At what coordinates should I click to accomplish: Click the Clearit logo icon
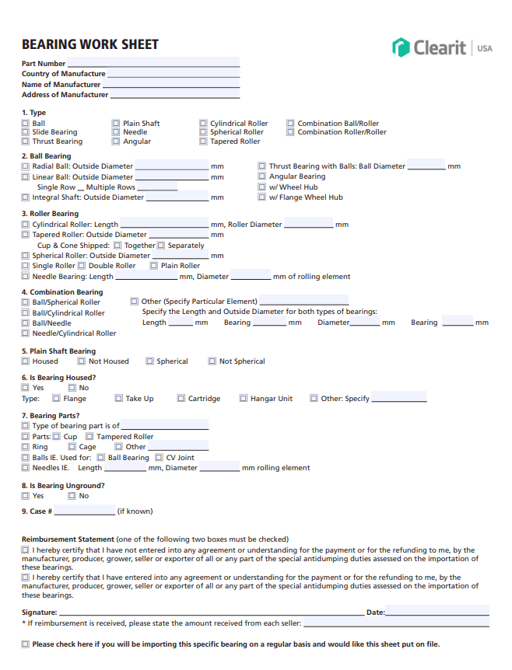pyautogui.click(x=401, y=47)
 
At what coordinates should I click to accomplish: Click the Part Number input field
pyautogui.click(x=153, y=63)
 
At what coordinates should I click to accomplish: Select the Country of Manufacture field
pyautogui.click(x=173, y=74)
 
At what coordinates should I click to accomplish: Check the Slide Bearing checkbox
pyautogui.click(x=26, y=132)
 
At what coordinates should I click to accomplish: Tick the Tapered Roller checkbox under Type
pyautogui.click(x=203, y=141)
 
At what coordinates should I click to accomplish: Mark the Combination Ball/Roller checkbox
pyautogui.click(x=291, y=123)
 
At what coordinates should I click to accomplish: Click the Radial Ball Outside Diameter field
pyautogui.click(x=171, y=166)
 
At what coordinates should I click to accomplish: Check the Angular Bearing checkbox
pyautogui.click(x=262, y=176)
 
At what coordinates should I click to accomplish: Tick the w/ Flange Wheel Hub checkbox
pyautogui.click(x=262, y=197)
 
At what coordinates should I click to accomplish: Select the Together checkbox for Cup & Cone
pyautogui.click(x=117, y=246)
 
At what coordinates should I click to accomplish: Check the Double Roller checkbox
pyautogui.click(x=82, y=266)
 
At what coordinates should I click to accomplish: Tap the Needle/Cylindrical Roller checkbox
pyautogui.click(x=26, y=333)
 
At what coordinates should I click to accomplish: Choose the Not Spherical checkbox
pyautogui.click(x=212, y=361)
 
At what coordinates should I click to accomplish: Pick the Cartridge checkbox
pyautogui.click(x=181, y=399)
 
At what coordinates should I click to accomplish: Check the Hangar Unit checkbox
pyautogui.click(x=244, y=399)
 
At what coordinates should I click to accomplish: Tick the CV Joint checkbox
pyautogui.click(x=160, y=458)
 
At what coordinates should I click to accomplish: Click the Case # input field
pyautogui.click(x=84, y=511)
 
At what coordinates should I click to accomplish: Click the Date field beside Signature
pyautogui.click(x=437, y=612)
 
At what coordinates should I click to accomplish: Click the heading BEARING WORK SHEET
pyautogui.click(x=90, y=44)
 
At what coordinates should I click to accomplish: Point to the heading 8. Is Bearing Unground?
pyautogui.click(x=63, y=486)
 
